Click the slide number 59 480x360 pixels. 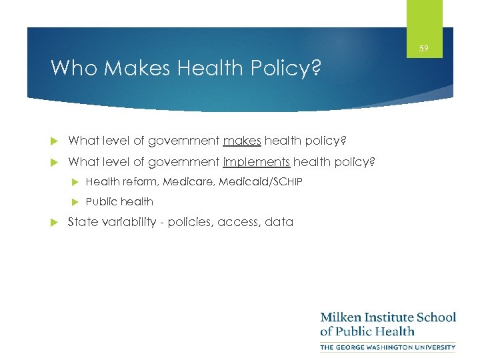pos(425,49)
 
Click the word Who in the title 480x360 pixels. pos(71,68)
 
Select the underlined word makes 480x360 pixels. pos(242,141)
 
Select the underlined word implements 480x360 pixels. pos(257,162)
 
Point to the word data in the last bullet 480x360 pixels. pos(279,222)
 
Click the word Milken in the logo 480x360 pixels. pos(342,317)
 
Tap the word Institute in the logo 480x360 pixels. pos(391,317)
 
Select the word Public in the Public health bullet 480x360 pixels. pos(101,201)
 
